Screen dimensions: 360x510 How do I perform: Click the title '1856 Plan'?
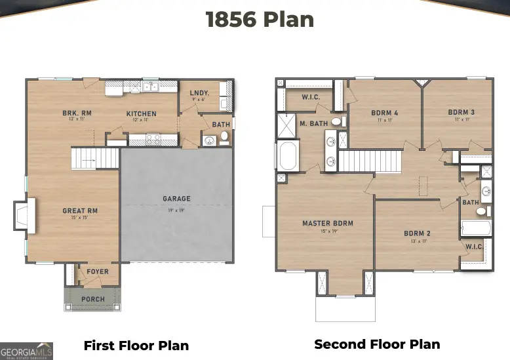[x=260, y=20]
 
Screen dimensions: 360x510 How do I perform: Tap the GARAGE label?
[x=176, y=199]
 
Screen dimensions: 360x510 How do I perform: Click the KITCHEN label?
[x=142, y=113]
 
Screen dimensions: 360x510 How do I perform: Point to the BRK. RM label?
[x=77, y=113]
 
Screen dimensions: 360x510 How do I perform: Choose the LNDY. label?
[x=199, y=94]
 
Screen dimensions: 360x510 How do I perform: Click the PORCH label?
[x=92, y=299]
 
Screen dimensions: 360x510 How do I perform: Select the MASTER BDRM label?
[x=327, y=224]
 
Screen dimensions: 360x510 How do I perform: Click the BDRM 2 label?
[x=417, y=233]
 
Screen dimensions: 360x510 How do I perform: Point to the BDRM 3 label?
[x=461, y=112]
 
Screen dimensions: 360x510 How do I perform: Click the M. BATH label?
[x=313, y=123]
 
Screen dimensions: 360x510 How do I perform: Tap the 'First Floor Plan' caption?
[x=136, y=346]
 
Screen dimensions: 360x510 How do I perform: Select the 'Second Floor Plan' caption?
[x=377, y=344]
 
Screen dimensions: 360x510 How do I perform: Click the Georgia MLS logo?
[x=27, y=350]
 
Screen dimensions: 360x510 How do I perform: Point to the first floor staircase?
[x=94, y=158]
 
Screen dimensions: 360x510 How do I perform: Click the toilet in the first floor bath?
[x=224, y=137]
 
